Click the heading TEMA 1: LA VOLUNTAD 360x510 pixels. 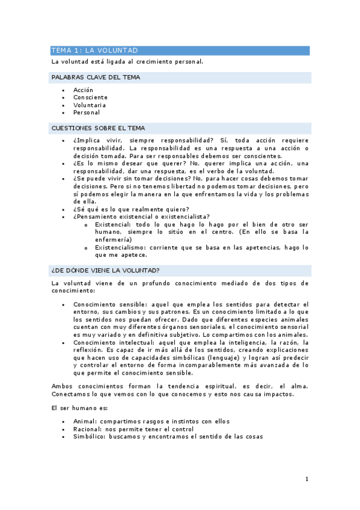coord(95,51)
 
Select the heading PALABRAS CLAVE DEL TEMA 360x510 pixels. coord(96,78)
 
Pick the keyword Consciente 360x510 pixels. coord(90,97)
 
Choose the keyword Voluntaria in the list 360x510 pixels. coord(90,105)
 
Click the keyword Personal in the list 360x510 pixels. coord(87,112)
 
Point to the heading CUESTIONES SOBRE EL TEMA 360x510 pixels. coord(98,128)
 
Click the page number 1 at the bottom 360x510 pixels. coord(307,479)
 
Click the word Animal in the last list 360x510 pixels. coord(85,421)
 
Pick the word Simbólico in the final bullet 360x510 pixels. coord(90,437)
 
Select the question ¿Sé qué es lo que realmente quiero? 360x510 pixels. coord(131,209)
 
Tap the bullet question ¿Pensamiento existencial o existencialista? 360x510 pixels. coord(141,217)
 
